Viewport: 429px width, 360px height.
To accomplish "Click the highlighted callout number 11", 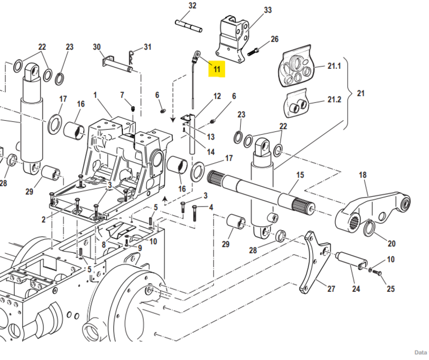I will (x=217, y=69).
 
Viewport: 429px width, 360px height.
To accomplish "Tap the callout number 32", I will (x=193, y=6).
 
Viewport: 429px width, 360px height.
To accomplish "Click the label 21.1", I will (x=334, y=67).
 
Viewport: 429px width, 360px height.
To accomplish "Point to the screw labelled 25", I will (x=378, y=274).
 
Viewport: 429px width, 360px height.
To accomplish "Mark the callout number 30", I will (x=97, y=47).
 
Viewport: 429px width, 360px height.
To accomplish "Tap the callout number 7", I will (x=122, y=95).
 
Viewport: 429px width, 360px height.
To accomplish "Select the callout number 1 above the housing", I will (x=95, y=95).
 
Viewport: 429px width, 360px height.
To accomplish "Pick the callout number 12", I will (x=217, y=97).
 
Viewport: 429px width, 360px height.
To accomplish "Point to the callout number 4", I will (x=211, y=207).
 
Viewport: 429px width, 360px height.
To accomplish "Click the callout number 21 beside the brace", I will (x=360, y=93).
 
